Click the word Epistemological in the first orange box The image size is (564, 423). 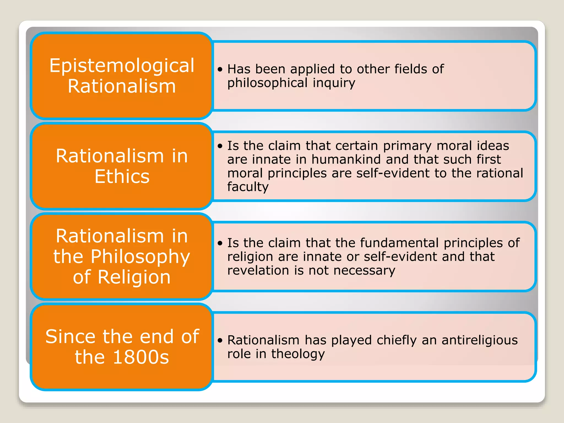click(122, 66)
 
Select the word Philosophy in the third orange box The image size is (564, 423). click(140, 257)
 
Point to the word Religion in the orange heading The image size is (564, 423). click(134, 277)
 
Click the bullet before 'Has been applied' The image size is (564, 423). click(220, 69)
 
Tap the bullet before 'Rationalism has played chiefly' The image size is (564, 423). click(220, 341)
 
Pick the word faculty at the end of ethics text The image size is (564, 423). click(248, 187)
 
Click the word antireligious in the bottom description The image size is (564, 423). click(479, 340)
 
